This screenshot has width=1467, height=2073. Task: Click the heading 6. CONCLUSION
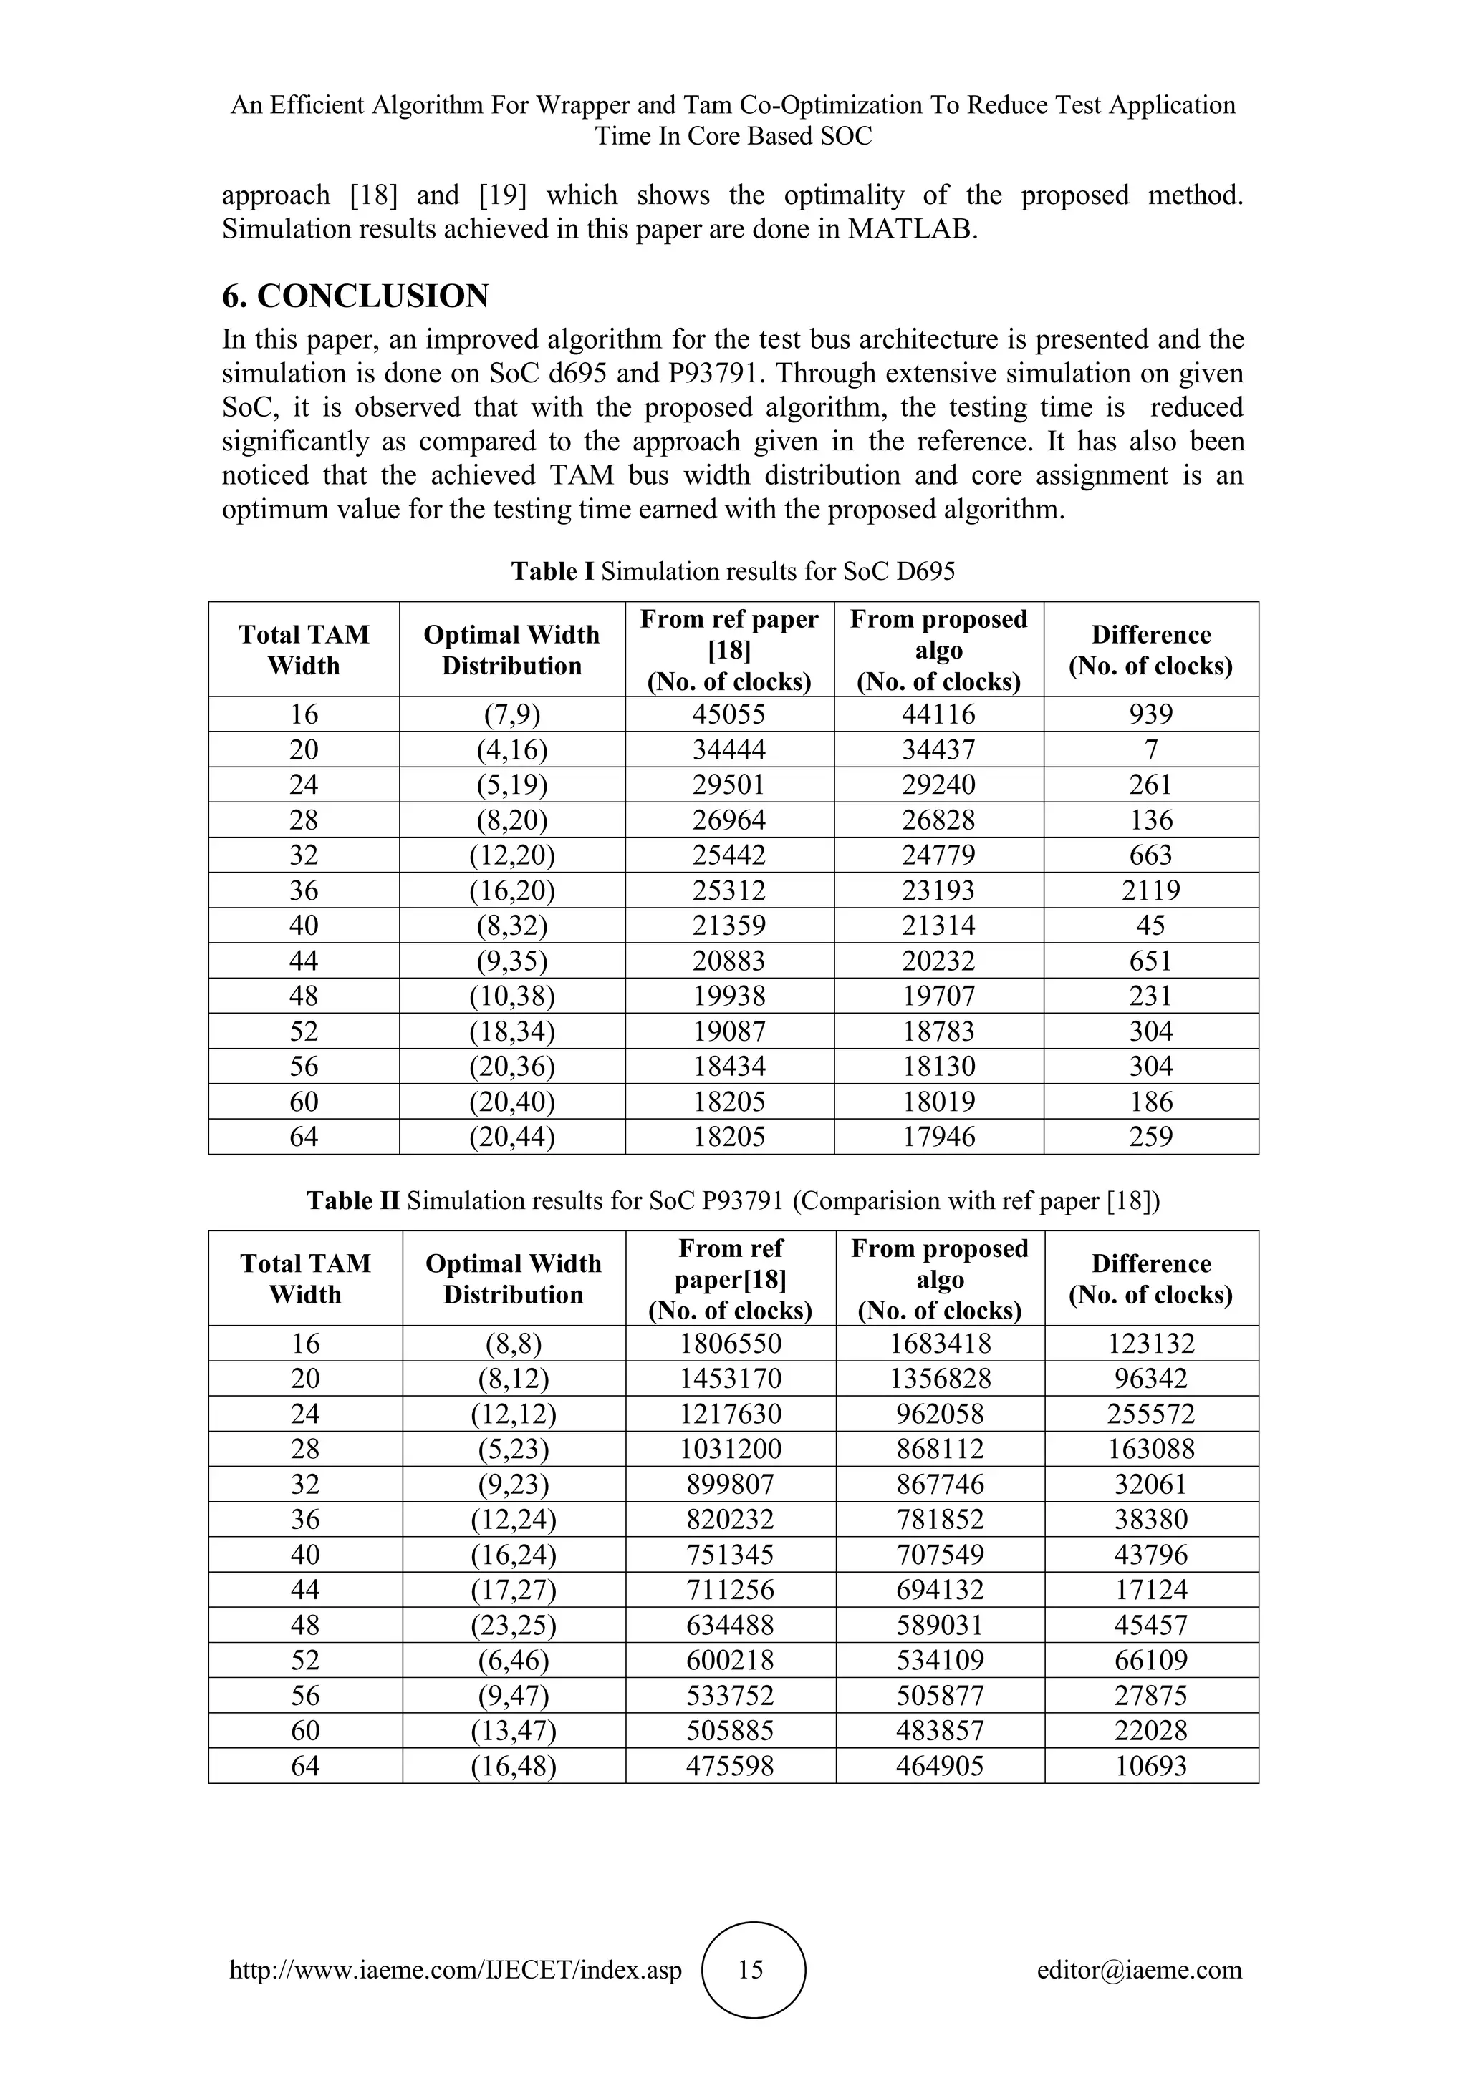[x=355, y=296]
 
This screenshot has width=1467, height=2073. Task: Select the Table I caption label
[x=552, y=571]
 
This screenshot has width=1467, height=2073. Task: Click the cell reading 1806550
[x=730, y=1344]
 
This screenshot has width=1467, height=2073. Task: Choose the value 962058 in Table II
[x=940, y=1414]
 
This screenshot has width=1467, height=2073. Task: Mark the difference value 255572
[x=1151, y=1414]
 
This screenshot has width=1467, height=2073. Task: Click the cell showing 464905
[x=940, y=1766]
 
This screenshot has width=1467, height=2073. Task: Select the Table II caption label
[x=352, y=1200]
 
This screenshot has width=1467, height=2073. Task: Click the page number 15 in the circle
[x=751, y=1969]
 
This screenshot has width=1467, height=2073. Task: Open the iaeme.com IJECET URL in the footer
[x=456, y=1970]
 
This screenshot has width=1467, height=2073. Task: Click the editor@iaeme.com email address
[x=1139, y=1970]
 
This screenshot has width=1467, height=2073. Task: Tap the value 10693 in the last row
[x=1151, y=1766]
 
